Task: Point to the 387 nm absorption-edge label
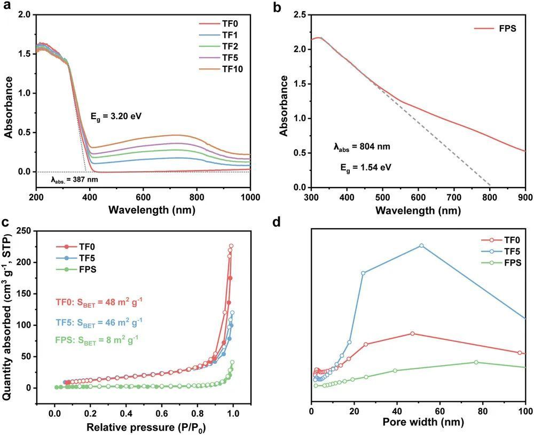75,180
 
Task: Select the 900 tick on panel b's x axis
525,197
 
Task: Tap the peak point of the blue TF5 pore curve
421,245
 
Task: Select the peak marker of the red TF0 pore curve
412,333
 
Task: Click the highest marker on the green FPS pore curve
476,362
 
